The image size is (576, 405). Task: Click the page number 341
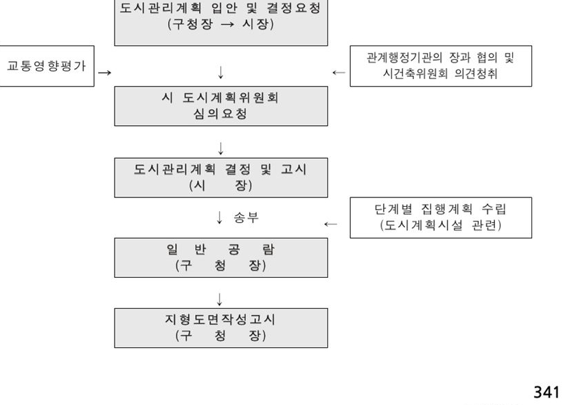(x=546, y=392)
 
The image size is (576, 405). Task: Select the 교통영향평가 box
(x=47, y=66)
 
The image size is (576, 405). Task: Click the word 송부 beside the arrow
(x=246, y=217)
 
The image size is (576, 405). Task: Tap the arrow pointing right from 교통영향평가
(x=104, y=72)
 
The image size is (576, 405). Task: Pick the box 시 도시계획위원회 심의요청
(x=221, y=106)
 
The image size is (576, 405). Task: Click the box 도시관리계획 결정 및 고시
(x=221, y=177)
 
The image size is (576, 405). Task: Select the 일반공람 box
(x=221, y=257)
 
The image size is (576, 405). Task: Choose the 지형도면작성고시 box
(x=221, y=328)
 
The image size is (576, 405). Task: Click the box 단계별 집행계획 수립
(x=441, y=218)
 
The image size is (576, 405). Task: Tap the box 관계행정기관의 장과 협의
(x=441, y=66)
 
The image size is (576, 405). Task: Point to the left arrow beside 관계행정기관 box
(x=338, y=72)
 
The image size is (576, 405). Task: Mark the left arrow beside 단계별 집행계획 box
(x=331, y=224)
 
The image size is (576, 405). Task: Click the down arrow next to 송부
(x=220, y=217)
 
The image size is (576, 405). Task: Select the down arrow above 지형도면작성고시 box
(x=220, y=299)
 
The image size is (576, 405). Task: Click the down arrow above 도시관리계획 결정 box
(x=221, y=149)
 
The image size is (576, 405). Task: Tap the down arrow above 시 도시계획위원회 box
(x=221, y=72)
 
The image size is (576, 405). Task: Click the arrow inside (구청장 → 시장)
(x=228, y=25)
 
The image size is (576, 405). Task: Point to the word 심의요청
(x=220, y=113)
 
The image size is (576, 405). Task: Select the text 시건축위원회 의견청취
(x=440, y=74)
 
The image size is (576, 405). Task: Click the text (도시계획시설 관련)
(x=441, y=225)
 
